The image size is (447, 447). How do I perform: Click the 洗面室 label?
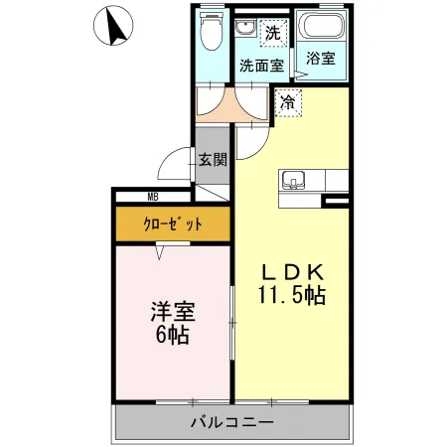262,65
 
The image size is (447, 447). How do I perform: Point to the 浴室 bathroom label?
320,60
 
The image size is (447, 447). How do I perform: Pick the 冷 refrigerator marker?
286,100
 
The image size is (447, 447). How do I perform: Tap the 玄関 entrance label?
212,158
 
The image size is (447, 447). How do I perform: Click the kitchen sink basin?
293,180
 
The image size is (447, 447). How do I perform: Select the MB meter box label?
154,197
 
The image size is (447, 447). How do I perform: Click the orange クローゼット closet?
172,223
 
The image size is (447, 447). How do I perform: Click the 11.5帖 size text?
291,296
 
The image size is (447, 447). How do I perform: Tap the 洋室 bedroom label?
173,310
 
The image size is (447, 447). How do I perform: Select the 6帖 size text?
173,335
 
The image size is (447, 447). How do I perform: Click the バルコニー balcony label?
232,422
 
